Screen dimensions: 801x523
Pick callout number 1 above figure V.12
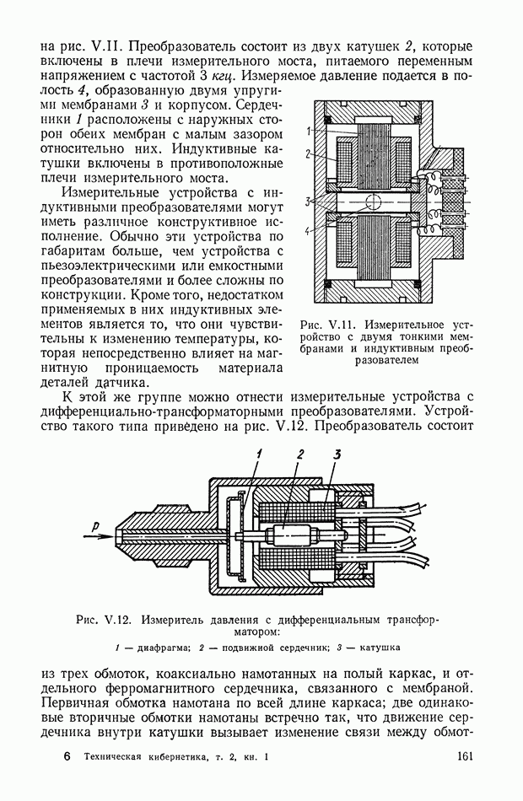pyautogui.click(x=261, y=454)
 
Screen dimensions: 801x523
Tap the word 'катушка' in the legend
pyautogui.click(x=378, y=648)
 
